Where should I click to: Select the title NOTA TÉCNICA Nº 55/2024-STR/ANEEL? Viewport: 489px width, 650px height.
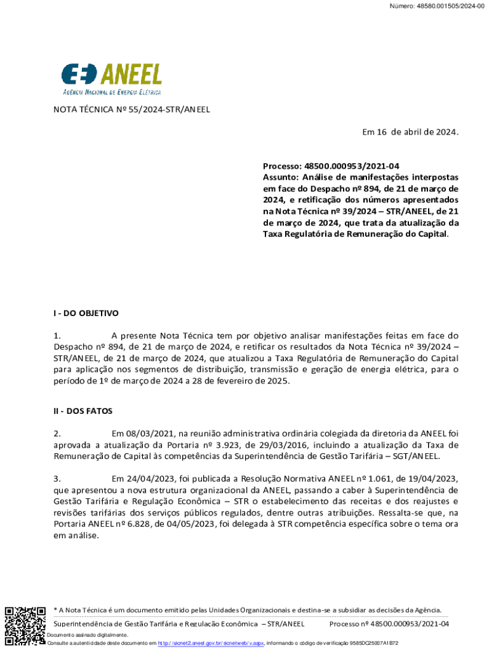point(131,109)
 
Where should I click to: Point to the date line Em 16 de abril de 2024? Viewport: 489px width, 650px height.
point(410,132)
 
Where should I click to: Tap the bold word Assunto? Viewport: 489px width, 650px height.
point(281,177)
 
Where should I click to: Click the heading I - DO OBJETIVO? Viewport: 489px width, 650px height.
point(86,313)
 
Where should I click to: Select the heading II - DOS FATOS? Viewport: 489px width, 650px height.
point(83,411)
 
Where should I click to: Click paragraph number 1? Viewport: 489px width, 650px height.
point(57,335)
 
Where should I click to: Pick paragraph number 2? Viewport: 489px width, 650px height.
point(57,434)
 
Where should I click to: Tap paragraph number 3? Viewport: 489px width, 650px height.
point(57,478)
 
